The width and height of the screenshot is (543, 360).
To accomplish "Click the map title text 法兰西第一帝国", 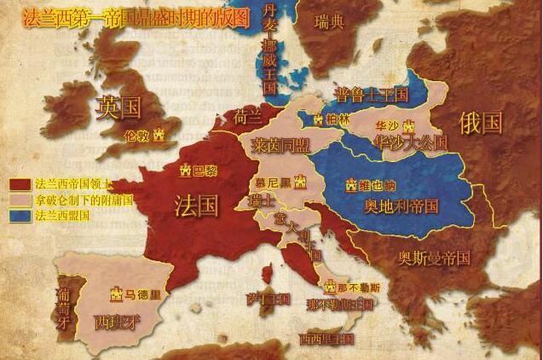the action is click(64, 15).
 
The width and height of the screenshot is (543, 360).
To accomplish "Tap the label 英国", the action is click(118, 107).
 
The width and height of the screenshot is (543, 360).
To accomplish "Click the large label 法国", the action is click(197, 206).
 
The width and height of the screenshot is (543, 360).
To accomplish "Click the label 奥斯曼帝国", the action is click(435, 257).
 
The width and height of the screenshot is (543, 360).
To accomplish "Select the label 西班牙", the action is click(118, 322).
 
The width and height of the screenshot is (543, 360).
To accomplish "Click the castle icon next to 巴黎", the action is click(185, 171).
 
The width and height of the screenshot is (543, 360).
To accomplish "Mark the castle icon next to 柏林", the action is click(318, 121).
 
